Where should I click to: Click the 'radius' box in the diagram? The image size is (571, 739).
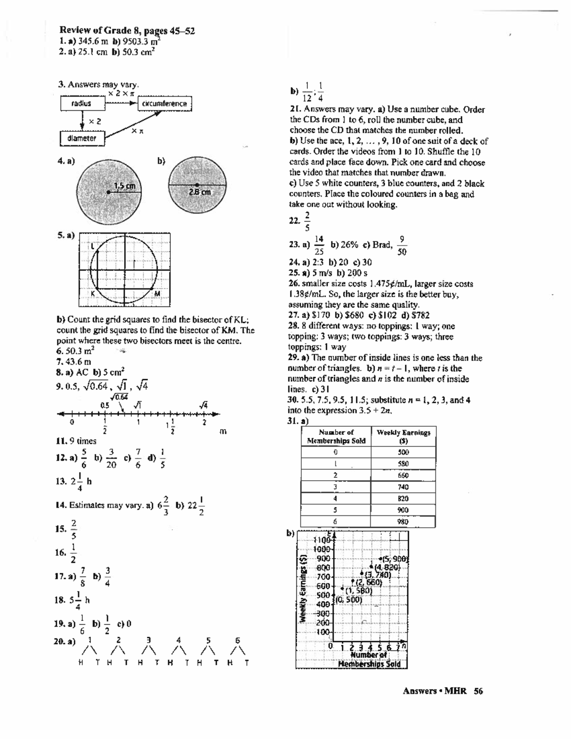click(x=81, y=103)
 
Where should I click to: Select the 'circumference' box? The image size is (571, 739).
click(x=164, y=103)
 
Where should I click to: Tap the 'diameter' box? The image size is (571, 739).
click(x=82, y=138)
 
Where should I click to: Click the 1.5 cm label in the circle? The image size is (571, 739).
click(x=125, y=186)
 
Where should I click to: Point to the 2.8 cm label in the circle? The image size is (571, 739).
click(x=200, y=192)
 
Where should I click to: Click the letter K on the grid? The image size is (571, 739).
click(x=93, y=294)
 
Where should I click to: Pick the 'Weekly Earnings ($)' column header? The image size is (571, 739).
click(x=403, y=436)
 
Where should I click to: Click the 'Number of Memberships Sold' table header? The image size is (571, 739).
click(x=336, y=436)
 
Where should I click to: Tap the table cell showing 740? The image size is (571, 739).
click(x=403, y=487)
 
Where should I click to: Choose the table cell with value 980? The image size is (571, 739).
click(x=403, y=522)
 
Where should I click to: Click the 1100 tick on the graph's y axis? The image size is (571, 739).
click(x=323, y=540)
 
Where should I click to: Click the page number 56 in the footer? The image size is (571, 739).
click(x=478, y=691)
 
